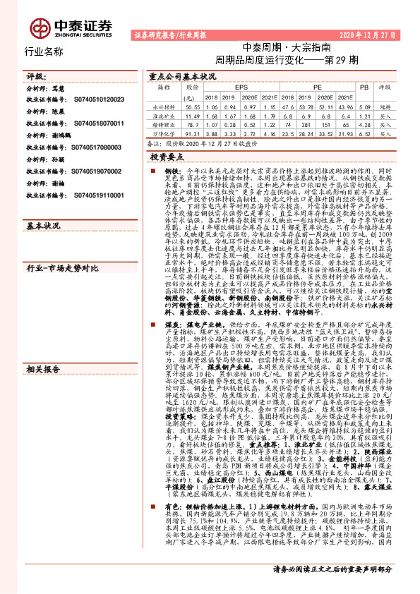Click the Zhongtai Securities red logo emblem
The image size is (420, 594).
[x=39, y=28]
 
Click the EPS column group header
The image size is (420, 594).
[x=231, y=87]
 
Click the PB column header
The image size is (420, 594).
[x=364, y=87]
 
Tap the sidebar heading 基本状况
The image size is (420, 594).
[x=43, y=227]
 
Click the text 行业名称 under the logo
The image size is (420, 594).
[x=44, y=51]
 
